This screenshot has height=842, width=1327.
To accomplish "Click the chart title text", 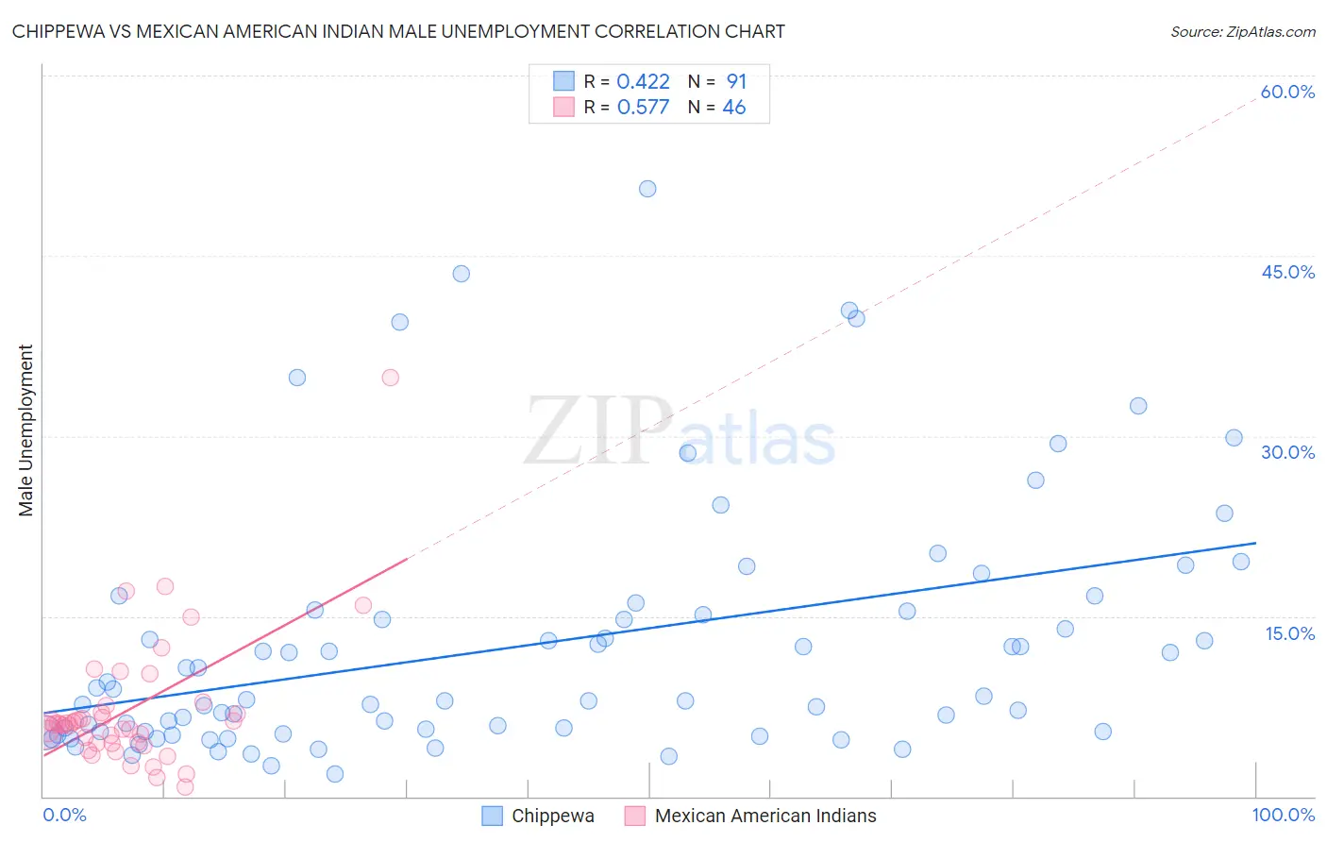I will click(397, 31).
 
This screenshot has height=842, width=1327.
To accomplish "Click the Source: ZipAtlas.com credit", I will click(1242, 31).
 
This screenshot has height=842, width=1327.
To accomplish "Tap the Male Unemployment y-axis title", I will click(25, 430).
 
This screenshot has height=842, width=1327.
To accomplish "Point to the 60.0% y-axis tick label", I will click(1287, 92).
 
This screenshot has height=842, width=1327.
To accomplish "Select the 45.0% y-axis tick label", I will click(1287, 272).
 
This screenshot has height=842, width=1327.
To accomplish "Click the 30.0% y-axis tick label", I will click(1287, 452).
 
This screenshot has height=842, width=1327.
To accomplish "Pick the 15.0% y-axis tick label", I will click(1289, 633).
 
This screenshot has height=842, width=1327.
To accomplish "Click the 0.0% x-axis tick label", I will click(64, 816).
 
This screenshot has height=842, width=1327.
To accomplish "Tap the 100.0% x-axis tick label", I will click(1283, 816).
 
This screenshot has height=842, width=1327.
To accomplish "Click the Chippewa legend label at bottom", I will click(552, 817).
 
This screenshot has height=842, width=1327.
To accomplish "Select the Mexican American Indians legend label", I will click(764, 817).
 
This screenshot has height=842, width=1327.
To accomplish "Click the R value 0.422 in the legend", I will click(643, 82).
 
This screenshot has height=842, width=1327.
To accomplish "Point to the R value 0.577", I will click(643, 108).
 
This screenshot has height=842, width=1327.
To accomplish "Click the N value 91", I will click(736, 82).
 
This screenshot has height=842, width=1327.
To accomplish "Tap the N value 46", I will click(733, 108).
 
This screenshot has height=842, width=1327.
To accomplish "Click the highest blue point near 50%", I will click(647, 189).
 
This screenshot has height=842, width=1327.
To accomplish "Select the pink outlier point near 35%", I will click(390, 378).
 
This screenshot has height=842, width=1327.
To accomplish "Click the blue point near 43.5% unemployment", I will click(461, 274).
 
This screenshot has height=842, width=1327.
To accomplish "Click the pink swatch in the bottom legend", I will click(634, 817).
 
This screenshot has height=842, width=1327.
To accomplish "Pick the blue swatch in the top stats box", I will click(563, 81).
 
